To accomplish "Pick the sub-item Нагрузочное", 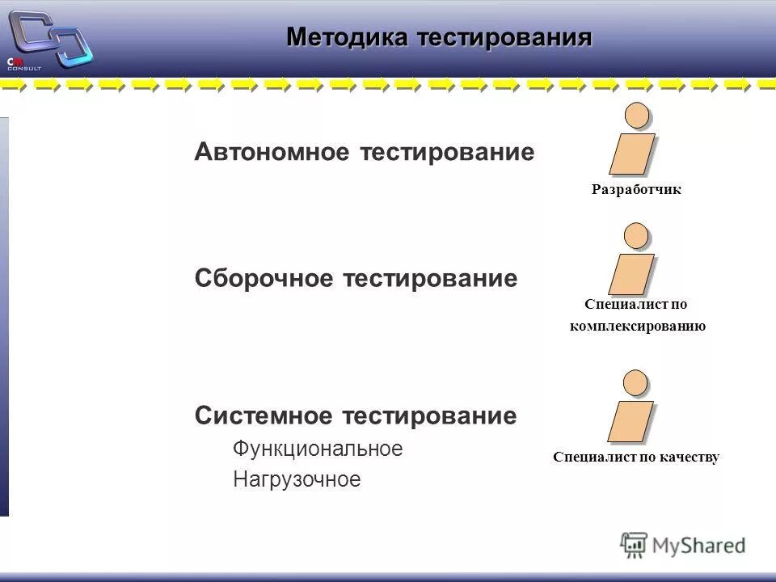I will (x=297, y=479).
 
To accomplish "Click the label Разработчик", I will (x=636, y=190).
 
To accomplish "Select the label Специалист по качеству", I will (x=636, y=457).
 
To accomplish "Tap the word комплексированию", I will (x=638, y=326).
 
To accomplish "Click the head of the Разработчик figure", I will (x=638, y=116).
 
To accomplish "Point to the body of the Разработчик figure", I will (x=631, y=154).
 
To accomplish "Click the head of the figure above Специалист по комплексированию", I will (x=638, y=236).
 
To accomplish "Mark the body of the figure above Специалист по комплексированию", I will (x=631, y=274).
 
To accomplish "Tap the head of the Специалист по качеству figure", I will (x=637, y=382).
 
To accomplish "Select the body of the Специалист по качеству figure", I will (x=631, y=421).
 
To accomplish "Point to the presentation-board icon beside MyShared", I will (x=634, y=544).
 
